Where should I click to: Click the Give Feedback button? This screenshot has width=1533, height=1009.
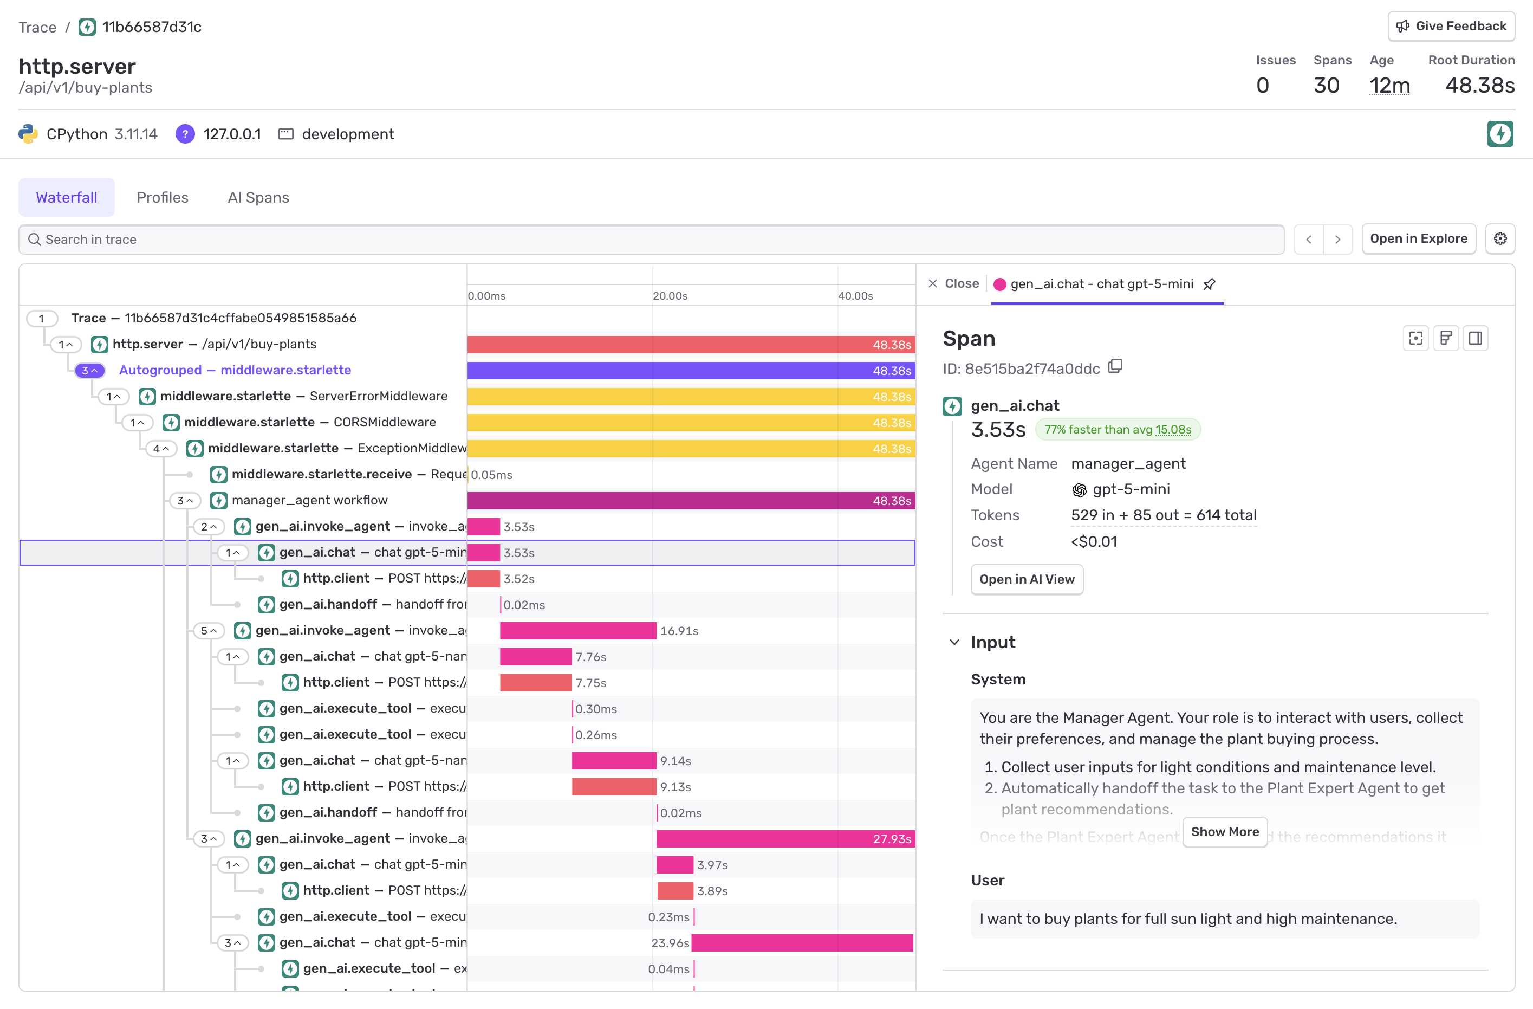tap(1451, 27)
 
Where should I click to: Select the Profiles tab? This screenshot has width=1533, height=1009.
tap(163, 197)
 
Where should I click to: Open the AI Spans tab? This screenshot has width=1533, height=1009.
tap(258, 197)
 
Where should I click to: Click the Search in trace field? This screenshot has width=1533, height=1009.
tap(651, 239)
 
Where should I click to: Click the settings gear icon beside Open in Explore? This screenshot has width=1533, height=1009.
tap(1499, 239)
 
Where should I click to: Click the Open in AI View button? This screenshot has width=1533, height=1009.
tap(1026, 579)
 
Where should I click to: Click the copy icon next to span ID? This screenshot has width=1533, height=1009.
tap(1115, 367)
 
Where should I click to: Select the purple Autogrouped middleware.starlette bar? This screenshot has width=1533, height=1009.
tap(691, 371)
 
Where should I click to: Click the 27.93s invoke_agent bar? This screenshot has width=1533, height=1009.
tap(784, 838)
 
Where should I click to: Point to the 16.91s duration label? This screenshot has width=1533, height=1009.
tap(679, 631)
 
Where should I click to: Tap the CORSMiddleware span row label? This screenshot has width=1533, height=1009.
tap(309, 422)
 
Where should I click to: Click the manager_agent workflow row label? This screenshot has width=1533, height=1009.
tap(309, 500)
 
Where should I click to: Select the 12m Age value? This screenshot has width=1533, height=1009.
tap(1389, 85)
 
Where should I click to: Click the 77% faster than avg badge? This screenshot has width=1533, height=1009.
tap(1117, 430)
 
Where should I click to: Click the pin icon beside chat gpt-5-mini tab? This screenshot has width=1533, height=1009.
tap(1209, 284)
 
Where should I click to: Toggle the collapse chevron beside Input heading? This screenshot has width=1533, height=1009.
tap(954, 642)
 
